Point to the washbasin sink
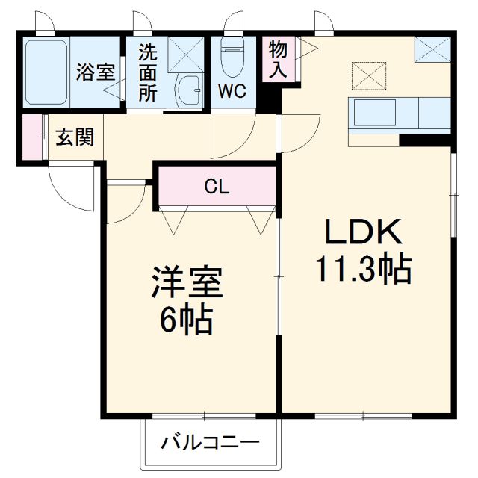[187, 90]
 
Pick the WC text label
[233, 92]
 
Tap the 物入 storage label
[278, 58]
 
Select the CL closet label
[217, 187]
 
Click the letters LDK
[364, 234]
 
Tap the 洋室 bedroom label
[186, 285]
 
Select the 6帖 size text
[186, 320]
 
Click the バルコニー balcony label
[211, 442]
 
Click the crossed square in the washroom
[181, 55]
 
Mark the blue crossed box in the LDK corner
[432, 51]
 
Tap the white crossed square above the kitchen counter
[366, 75]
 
